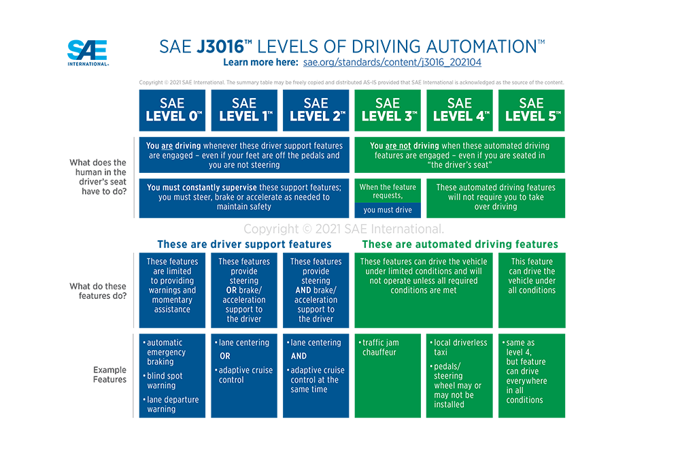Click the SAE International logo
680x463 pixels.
coord(88,52)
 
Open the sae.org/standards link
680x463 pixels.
coord(392,62)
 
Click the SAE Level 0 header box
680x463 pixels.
coord(172,110)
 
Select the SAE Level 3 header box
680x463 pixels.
coord(388,110)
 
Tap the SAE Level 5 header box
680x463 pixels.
coord(532,110)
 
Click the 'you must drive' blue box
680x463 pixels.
coord(388,210)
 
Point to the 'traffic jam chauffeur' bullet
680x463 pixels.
coord(379,347)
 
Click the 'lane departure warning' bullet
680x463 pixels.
coord(171,404)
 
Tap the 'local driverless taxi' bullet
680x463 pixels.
coord(458,347)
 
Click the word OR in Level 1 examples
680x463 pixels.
coord(224,356)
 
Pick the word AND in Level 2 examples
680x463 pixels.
coord(299,356)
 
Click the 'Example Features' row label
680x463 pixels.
coord(109,374)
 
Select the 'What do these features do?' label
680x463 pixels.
coord(98,291)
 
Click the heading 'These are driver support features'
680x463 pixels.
coord(244,244)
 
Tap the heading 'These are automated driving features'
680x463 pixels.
coord(460,244)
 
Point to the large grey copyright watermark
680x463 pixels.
coord(343,229)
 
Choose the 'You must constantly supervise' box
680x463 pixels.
coord(244,198)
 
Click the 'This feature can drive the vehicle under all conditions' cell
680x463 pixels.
coord(532,290)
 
